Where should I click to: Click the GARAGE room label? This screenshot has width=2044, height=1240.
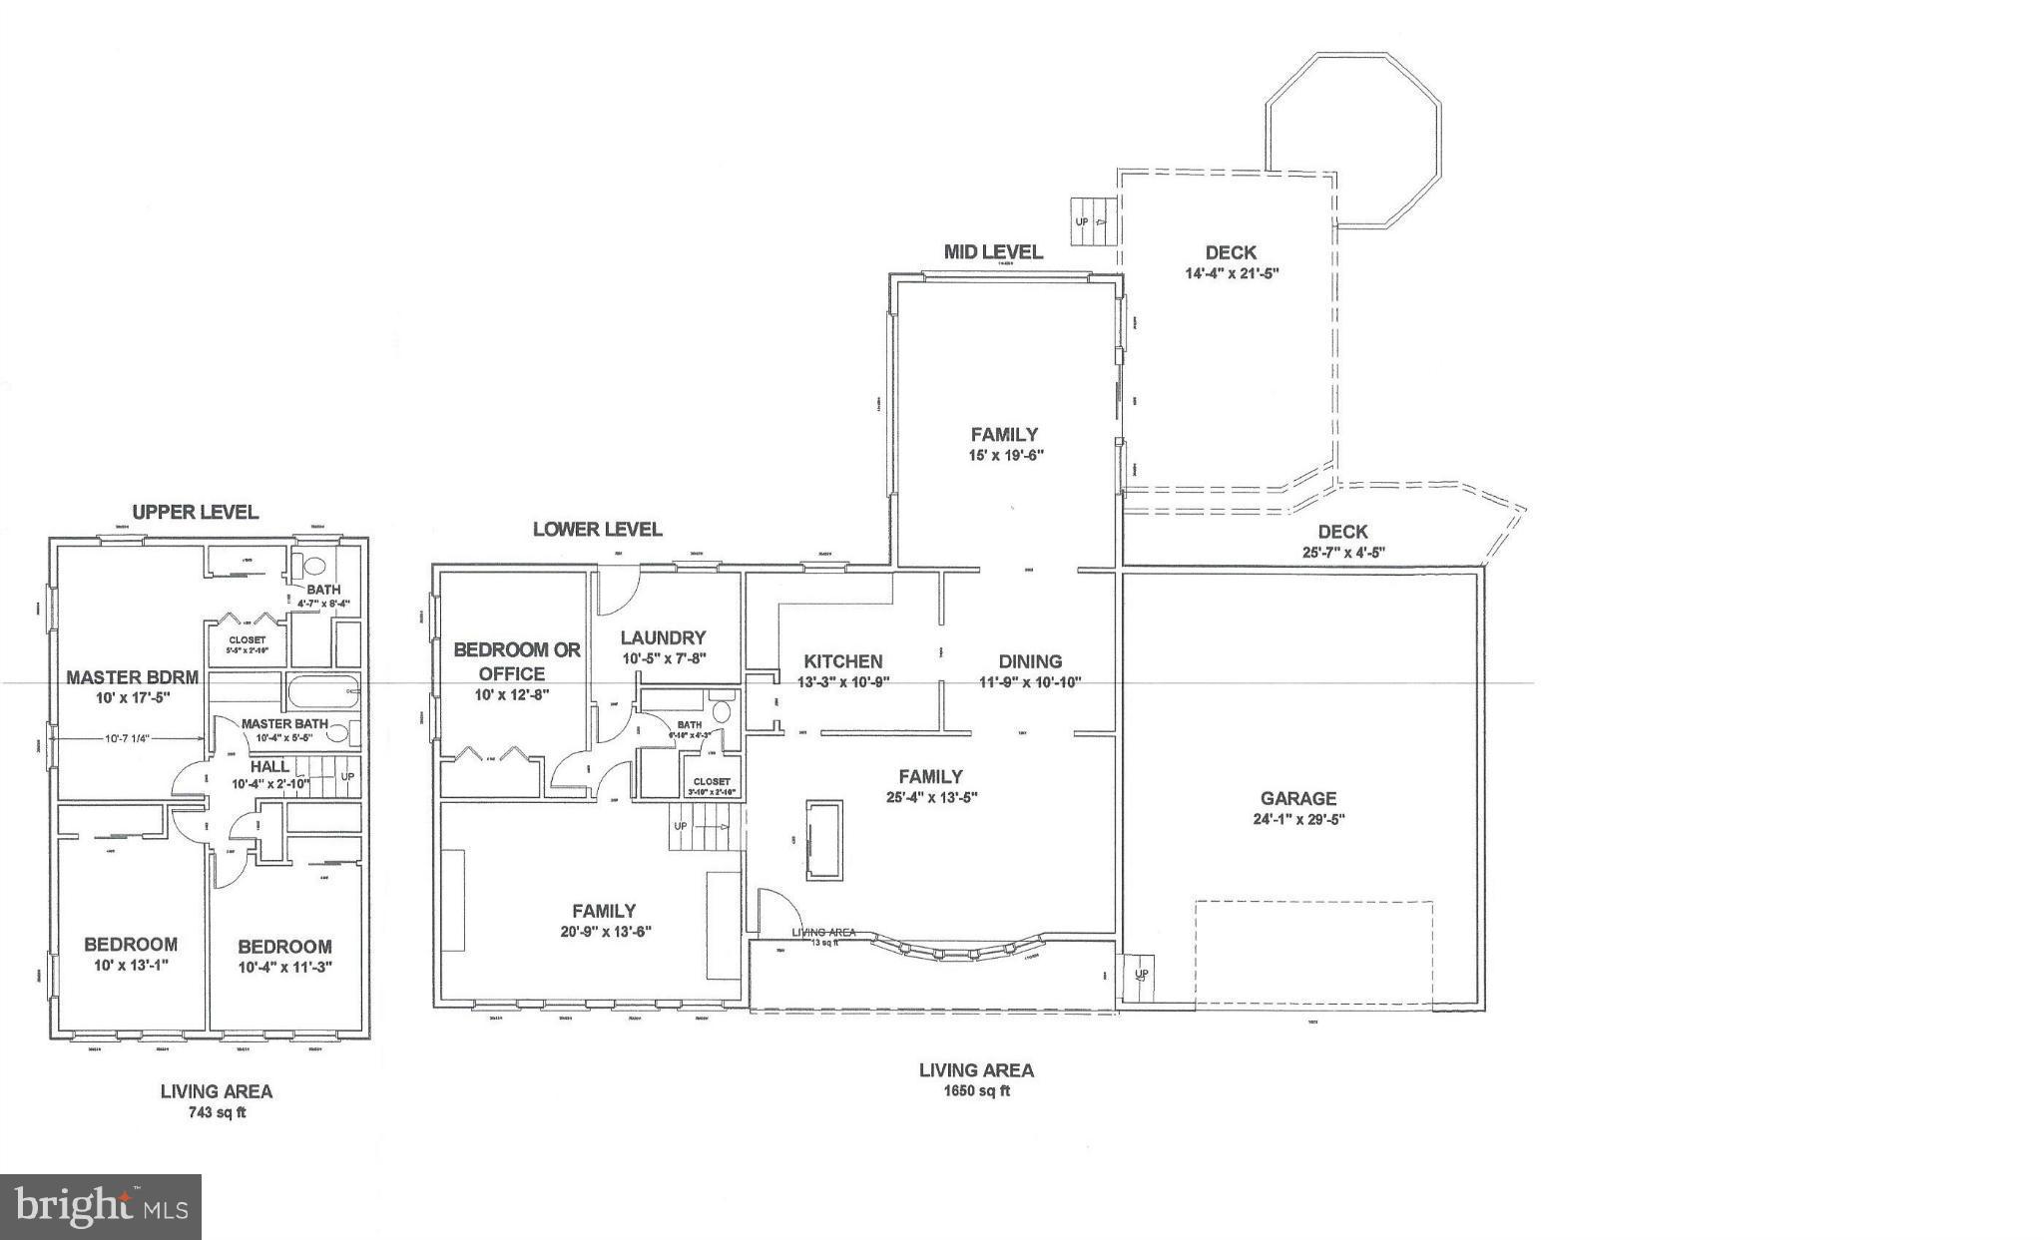1297,798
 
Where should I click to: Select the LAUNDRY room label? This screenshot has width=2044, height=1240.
663,637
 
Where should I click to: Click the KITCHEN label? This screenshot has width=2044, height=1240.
843,661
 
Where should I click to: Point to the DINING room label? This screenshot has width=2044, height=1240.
1030,661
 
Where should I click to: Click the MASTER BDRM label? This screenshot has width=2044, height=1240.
133,677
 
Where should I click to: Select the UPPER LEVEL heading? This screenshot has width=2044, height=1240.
196,512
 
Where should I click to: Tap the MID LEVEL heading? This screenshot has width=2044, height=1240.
993,251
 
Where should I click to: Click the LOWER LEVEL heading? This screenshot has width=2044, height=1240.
597,529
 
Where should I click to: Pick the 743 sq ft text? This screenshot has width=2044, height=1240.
217,1112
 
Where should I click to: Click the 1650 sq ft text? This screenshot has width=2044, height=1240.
976,1091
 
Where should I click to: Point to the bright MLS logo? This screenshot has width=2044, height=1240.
101,1207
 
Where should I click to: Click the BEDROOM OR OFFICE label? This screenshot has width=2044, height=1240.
516,661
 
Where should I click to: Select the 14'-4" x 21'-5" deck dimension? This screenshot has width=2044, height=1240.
1232,272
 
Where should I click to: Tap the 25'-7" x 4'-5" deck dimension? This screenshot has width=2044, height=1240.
1342,552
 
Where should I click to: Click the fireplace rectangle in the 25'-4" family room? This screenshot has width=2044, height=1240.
824,840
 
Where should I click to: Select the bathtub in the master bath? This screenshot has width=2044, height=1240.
322,691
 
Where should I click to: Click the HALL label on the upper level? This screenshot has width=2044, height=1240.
269,766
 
